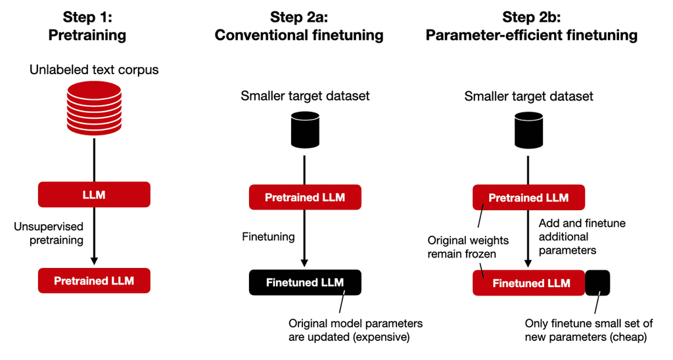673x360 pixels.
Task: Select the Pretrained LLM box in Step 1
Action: coord(94,281)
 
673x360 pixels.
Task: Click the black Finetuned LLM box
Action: coord(305,282)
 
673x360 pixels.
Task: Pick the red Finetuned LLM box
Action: coord(528,283)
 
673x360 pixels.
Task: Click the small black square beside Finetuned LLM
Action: coord(597,283)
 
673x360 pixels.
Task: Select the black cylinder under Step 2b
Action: coord(528,129)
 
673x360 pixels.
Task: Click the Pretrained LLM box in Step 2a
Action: coord(305,197)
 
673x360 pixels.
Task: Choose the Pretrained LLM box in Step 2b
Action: coord(528,197)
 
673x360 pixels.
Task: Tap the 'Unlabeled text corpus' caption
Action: coord(94,70)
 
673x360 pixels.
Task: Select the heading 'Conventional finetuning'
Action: coord(299,35)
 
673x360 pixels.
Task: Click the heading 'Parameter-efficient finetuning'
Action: coord(532,35)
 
